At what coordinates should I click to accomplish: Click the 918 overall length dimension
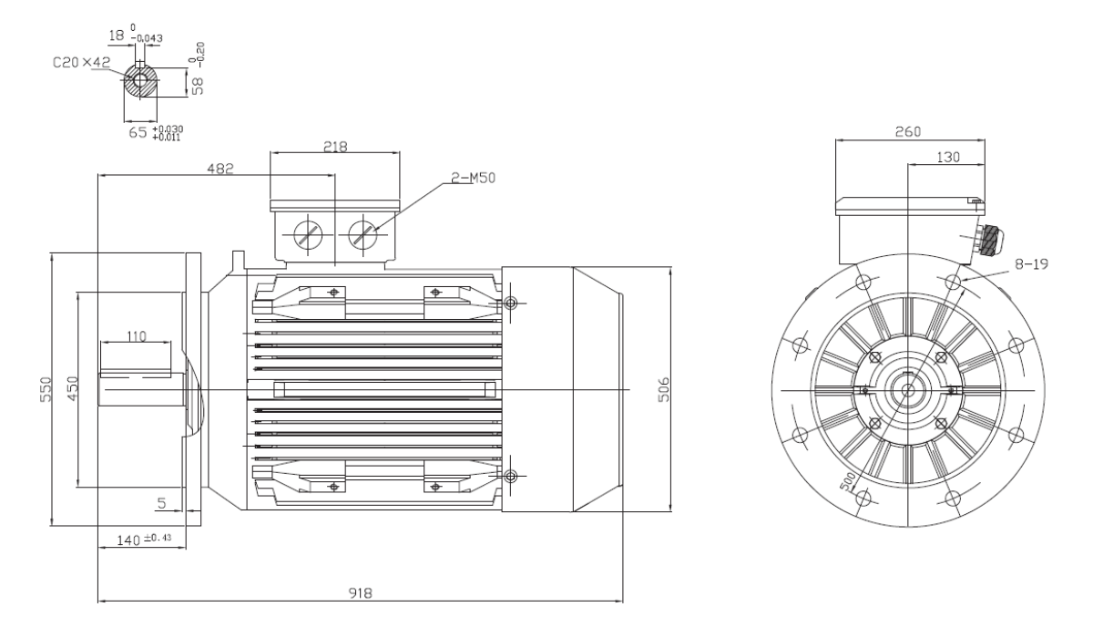360,592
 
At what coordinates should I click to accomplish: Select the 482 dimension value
220,169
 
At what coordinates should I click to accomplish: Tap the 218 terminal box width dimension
336,147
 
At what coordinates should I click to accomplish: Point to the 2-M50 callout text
473,178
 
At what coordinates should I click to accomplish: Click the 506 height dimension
664,389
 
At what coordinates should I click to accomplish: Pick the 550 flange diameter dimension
46,389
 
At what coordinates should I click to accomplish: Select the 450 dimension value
72,389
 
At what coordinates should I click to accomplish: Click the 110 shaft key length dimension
137,336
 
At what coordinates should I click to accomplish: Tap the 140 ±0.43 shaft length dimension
144,540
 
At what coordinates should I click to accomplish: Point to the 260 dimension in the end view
908,132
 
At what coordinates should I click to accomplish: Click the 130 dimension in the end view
948,157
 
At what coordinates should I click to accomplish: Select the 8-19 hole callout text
1031,264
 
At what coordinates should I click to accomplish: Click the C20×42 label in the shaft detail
81,63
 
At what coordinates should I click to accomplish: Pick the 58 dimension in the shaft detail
199,86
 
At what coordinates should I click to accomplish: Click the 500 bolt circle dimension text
848,482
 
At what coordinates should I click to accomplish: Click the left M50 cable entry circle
308,235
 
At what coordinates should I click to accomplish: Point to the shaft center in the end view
907,390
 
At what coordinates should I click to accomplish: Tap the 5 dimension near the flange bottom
162,503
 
